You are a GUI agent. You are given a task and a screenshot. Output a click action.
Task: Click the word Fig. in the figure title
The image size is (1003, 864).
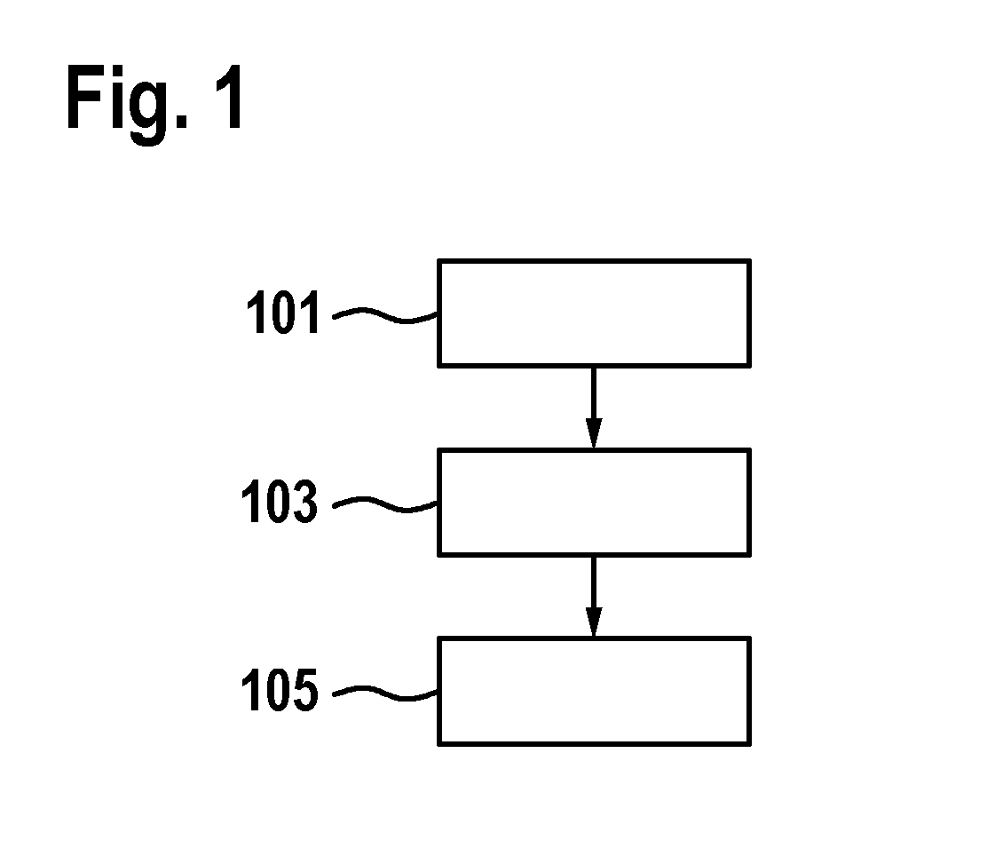click(127, 103)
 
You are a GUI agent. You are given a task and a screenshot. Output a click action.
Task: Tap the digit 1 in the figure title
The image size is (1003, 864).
click(228, 97)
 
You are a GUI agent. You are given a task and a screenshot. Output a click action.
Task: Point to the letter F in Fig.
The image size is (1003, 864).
click(84, 97)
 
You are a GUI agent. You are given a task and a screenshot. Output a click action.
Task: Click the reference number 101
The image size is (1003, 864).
click(283, 312)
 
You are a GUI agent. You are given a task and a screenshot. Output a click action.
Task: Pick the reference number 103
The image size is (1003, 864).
click(280, 501)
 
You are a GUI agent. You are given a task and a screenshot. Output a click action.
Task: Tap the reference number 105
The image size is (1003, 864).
click(280, 689)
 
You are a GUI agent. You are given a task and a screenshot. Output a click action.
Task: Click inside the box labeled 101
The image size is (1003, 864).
click(594, 313)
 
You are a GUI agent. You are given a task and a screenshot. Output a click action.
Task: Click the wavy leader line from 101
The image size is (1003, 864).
click(385, 315)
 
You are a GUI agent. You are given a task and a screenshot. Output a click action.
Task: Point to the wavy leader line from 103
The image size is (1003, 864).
click(385, 505)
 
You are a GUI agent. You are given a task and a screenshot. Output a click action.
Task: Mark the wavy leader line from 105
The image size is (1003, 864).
click(385, 694)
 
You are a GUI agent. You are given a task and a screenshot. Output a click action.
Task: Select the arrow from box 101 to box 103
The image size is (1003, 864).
click(594, 408)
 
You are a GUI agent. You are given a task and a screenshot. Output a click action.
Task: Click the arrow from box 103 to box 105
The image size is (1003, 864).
click(594, 597)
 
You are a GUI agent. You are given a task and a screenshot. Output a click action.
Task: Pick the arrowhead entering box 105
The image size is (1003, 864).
click(594, 622)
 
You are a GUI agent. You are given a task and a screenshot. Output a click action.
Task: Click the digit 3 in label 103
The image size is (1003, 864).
click(305, 501)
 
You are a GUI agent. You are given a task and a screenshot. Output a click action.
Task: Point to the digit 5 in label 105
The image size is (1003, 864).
click(305, 689)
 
